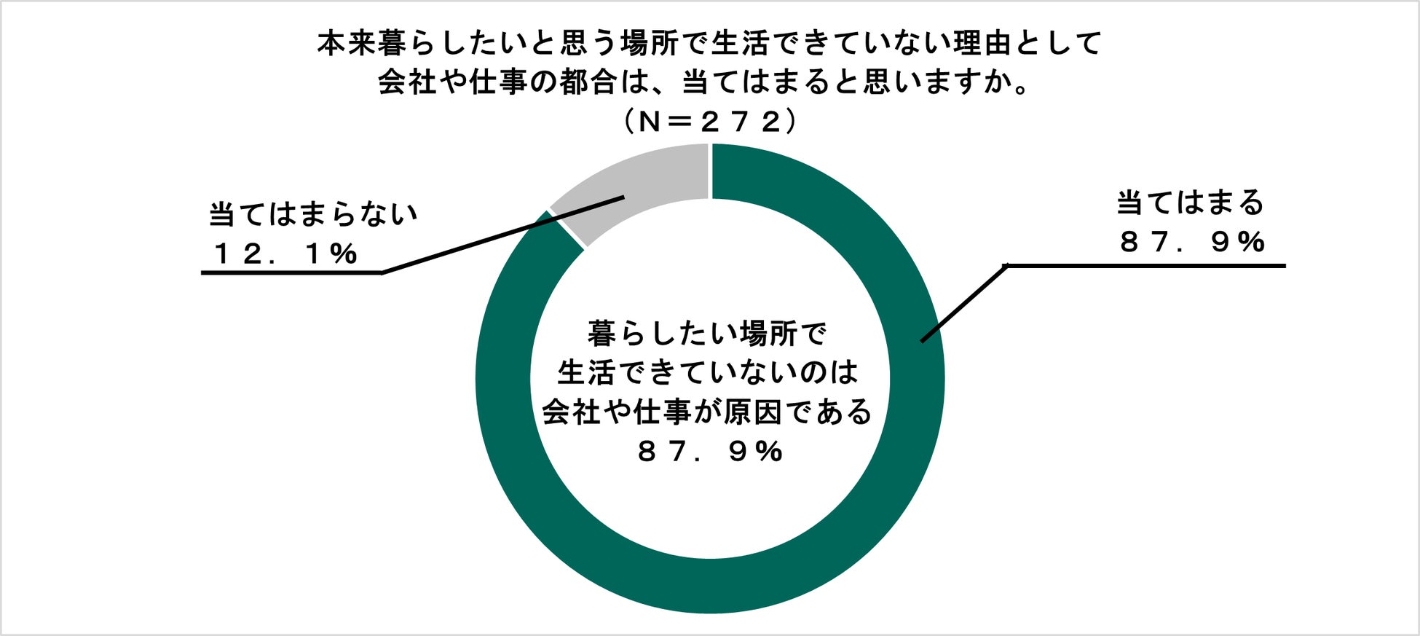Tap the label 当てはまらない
[x=313, y=214]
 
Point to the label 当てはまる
[x=1191, y=203]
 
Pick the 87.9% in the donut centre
[x=710, y=452]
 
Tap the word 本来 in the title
[x=347, y=44]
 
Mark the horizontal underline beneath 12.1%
[x=291, y=272]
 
